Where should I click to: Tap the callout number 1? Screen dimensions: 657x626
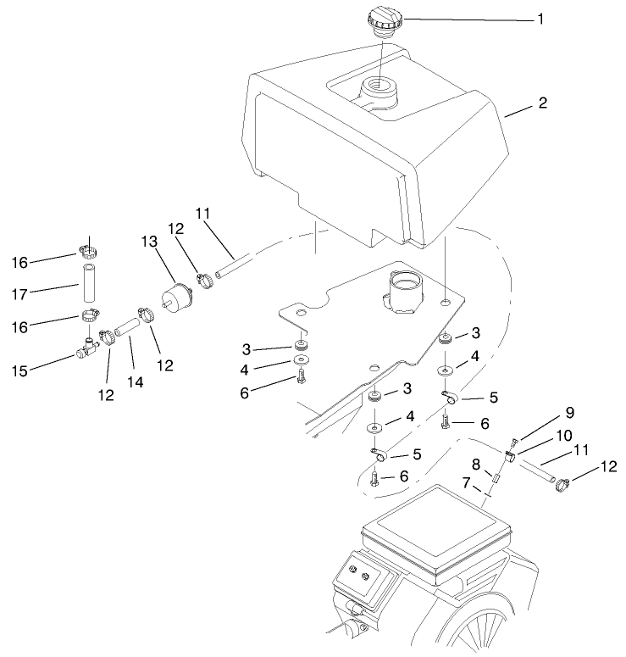coord(540,18)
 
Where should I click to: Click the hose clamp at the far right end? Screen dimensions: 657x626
coord(561,484)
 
